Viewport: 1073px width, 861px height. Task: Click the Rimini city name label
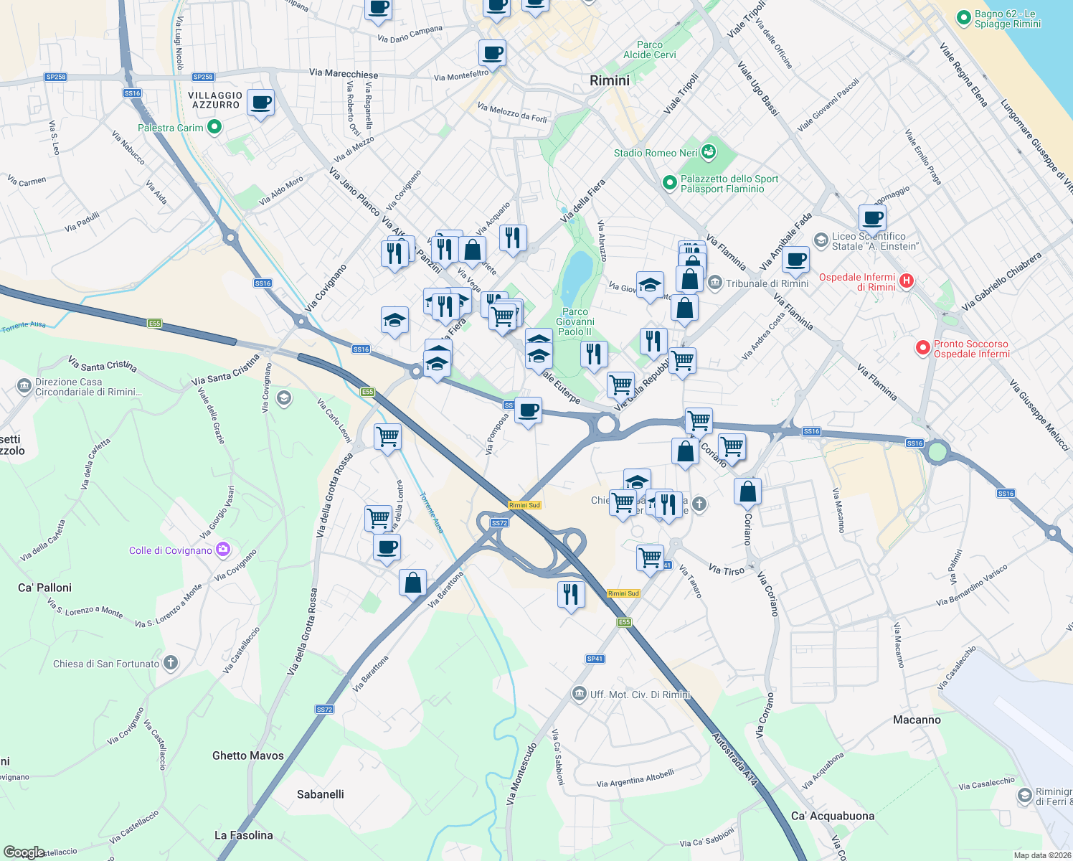click(610, 80)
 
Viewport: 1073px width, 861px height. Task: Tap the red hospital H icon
click(907, 281)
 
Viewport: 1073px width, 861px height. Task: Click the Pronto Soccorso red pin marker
click(923, 348)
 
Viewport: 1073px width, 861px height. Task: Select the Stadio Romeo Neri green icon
click(709, 151)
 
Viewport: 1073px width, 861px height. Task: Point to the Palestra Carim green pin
click(214, 128)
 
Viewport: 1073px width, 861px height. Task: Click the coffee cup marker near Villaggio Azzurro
click(260, 103)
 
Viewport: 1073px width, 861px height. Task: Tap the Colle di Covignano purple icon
click(223, 550)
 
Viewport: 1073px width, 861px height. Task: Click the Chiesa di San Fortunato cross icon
click(170, 663)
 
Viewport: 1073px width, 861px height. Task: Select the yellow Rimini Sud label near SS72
click(524, 505)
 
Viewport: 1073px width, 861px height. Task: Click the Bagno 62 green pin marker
click(964, 18)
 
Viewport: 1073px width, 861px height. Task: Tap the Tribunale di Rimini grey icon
click(715, 283)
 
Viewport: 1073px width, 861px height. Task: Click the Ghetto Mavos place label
click(248, 756)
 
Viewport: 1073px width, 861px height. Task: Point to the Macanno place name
click(917, 720)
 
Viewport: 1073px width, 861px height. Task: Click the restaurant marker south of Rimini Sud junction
click(571, 595)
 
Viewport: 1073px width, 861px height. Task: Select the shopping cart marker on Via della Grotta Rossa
click(387, 436)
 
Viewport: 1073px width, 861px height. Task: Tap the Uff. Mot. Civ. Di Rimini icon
click(580, 694)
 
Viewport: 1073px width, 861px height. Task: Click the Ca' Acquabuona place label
click(833, 816)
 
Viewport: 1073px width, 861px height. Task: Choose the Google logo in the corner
click(24, 852)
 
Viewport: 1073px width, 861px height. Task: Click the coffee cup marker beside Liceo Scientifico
click(872, 217)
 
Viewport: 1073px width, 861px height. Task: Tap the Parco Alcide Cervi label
click(650, 50)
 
